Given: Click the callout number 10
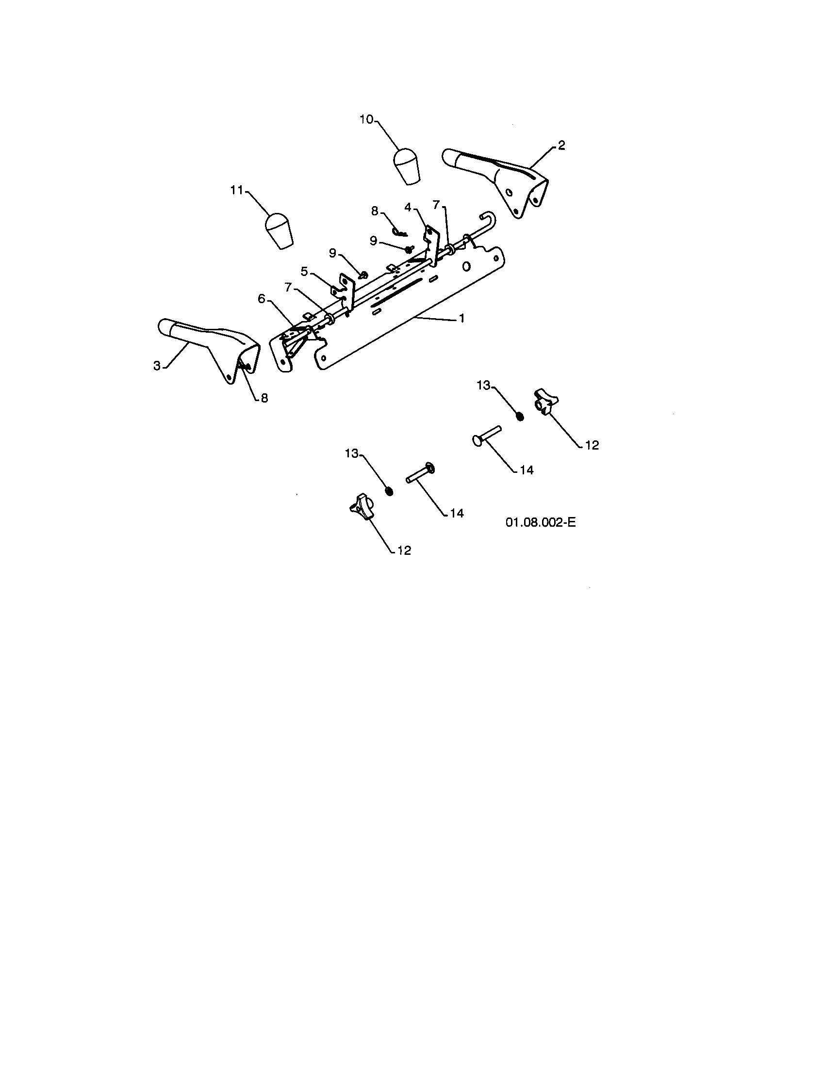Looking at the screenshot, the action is point(366,119).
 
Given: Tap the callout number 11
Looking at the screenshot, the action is point(237,190).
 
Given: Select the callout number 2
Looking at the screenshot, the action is point(561,145).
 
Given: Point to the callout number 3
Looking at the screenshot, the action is point(157,365).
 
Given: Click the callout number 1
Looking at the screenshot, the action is point(461,318).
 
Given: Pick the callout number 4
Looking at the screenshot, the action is point(408,207).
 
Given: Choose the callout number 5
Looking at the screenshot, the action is point(304,272).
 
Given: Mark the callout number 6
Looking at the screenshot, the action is point(262,298).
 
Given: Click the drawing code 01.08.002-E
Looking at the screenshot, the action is point(541,522).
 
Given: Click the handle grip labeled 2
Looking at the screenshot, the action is point(495,180).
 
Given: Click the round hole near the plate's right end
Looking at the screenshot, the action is point(467,266).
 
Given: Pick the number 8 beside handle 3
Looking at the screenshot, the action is point(264,398).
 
